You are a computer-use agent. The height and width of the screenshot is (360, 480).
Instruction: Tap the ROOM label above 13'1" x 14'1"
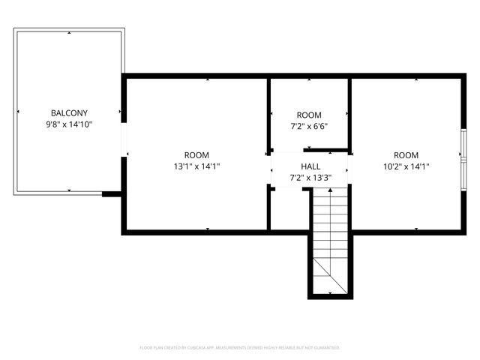pos(196,155)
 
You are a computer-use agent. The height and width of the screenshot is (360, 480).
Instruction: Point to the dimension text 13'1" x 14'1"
pos(196,166)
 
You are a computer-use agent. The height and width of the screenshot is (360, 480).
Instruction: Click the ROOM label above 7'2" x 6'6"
pos(308,115)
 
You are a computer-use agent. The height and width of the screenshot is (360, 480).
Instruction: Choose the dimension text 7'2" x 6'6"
pos(308,127)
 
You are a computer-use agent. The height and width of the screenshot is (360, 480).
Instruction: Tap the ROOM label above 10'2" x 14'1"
pos(406,155)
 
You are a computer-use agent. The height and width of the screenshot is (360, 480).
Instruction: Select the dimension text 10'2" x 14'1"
pos(406,166)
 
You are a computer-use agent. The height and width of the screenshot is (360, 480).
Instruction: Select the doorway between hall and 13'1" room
pos(270,169)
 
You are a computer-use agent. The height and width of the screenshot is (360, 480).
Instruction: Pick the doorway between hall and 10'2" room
pos(349,168)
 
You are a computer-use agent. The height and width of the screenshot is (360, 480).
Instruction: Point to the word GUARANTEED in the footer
pos(325,348)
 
